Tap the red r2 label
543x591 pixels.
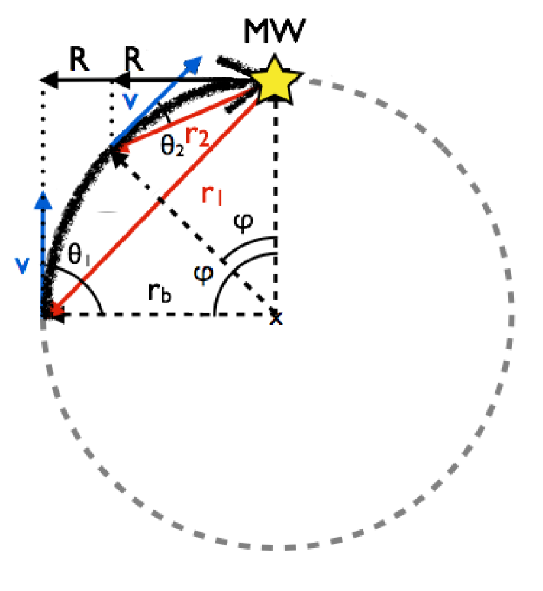pyautogui.click(x=196, y=136)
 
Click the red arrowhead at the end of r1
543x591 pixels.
pyautogui.click(x=54, y=313)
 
